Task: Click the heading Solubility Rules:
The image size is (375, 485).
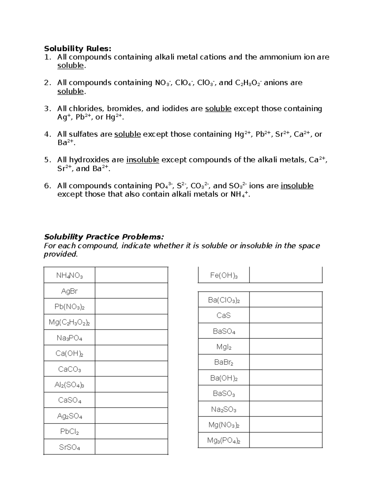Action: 77,48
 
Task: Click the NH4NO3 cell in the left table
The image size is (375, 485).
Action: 69,275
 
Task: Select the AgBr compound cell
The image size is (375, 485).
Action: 69,291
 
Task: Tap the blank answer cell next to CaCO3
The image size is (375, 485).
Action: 131,369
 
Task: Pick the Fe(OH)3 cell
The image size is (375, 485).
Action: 224,275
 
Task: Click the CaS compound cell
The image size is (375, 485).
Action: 224,315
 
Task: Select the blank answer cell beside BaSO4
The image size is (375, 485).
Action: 286,331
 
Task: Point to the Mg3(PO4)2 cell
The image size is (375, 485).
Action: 224,441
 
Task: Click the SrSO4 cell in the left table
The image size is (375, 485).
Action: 69,447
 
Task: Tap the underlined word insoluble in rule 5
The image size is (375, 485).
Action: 142,160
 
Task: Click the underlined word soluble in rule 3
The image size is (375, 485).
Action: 218,109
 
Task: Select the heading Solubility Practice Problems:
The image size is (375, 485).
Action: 104,237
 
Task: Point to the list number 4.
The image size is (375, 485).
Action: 47,134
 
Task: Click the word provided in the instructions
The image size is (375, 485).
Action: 60,254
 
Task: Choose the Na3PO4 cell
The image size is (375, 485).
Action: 69,338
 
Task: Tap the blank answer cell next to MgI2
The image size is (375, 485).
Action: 286,347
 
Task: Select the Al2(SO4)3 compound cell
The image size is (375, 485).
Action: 69,385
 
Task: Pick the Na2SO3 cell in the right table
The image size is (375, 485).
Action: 224,409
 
